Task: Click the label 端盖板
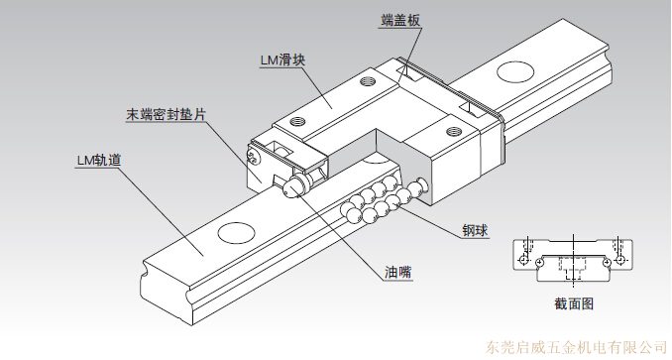point(400,20)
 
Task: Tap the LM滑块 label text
point(282,60)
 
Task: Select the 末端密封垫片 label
point(167,114)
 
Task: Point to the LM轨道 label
point(99,160)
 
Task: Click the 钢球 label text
point(475,230)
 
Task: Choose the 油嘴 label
point(398,272)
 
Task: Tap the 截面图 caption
point(574,303)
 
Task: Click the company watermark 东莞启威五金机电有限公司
point(577,346)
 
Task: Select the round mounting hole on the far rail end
point(515,71)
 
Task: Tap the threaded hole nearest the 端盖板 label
point(367,80)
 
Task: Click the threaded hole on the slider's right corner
point(453,131)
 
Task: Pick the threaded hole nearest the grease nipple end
point(296,121)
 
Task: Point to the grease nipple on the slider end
point(293,186)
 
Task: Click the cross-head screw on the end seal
point(254,156)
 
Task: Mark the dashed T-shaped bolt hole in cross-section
point(572,268)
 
